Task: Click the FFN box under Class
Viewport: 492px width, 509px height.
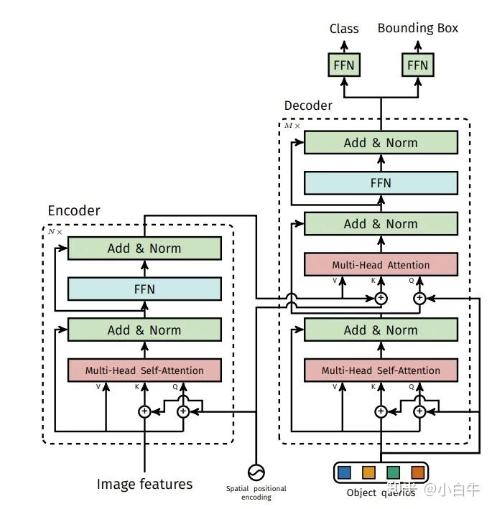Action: [x=344, y=65]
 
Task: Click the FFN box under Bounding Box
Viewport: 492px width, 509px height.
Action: [x=417, y=65]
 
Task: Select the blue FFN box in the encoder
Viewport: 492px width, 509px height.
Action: [x=144, y=289]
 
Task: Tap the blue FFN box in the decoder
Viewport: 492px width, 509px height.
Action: [x=381, y=183]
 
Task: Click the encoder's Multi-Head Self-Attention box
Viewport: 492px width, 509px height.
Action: [x=144, y=370]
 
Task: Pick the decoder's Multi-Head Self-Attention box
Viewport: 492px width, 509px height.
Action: [x=381, y=370]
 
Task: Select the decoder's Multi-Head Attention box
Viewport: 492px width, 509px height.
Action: [x=381, y=265]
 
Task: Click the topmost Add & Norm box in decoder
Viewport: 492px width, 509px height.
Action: [x=381, y=143]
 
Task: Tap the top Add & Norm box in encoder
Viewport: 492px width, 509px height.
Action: [x=144, y=248]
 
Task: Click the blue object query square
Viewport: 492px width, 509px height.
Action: [x=344, y=472]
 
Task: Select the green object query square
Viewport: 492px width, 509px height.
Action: [x=394, y=472]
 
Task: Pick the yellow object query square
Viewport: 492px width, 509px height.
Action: [x=368, y=472]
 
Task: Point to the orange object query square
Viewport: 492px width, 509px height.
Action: [x=417, y=472]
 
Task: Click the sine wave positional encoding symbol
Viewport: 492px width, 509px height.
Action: [x=256, y=472]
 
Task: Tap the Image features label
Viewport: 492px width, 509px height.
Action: [x=144, y=484]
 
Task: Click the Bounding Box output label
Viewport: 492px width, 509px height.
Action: [x=417, y=28]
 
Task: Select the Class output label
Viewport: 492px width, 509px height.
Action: [x=344, y=29]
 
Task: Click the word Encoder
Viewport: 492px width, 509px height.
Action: [x=74, y=210]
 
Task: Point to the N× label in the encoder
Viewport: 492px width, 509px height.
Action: [x=55, y=232]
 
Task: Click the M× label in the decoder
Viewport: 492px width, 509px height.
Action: [x=292, y=126]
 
